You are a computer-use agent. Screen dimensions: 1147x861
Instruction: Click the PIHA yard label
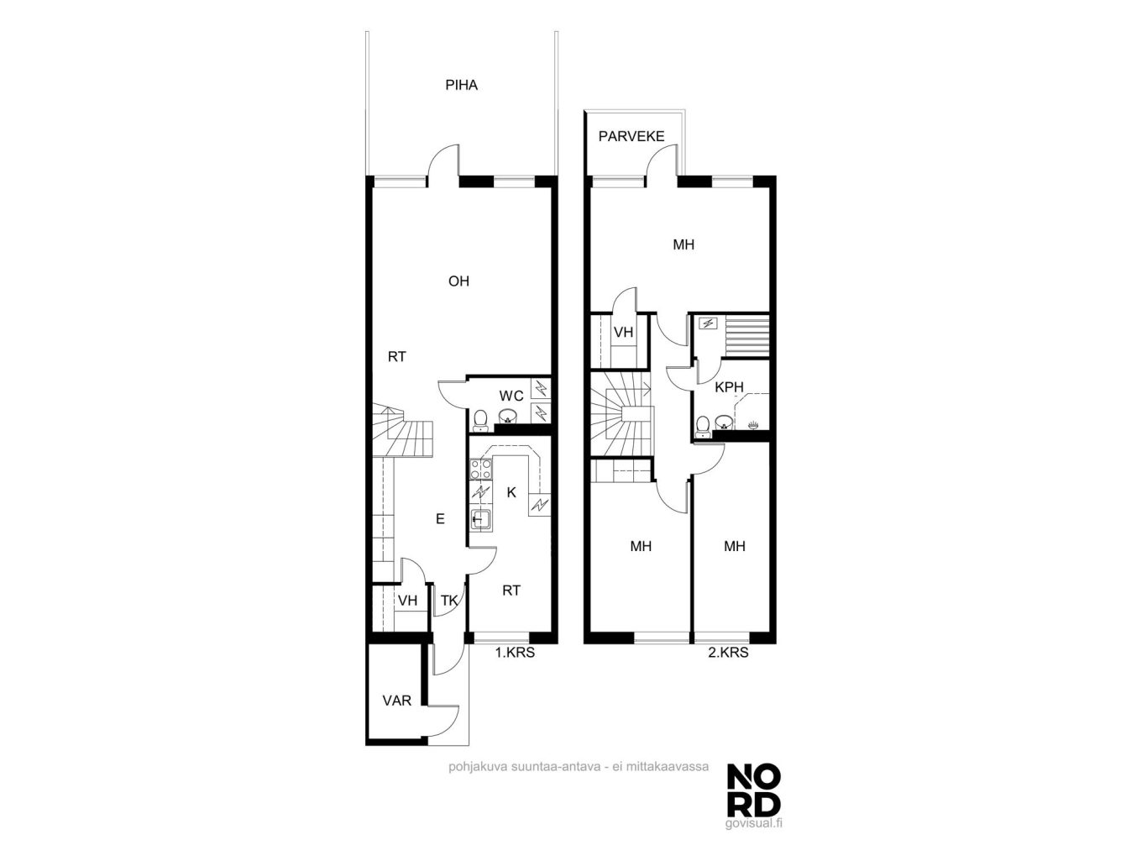coord(461,85)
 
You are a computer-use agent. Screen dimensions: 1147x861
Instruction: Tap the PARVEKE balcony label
coord(631,136)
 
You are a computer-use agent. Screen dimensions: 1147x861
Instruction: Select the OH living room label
coord(458,281)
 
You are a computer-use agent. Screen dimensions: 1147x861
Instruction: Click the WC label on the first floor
coord(511,396)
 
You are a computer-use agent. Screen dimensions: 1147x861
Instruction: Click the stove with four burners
coord(480,469)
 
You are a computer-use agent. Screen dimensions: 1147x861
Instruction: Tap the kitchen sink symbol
coord(480,520)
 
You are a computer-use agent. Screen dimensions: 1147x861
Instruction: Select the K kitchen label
coord(511,492)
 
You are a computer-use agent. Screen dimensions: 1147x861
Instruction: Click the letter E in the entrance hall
coord(440,518)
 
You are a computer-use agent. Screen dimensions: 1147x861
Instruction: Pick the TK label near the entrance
coord(449,601)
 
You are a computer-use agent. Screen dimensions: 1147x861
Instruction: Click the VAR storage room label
coord(396,701)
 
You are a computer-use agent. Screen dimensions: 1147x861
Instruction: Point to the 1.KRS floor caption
coord(515,653)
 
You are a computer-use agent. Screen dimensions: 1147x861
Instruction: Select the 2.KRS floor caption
coord(728,653)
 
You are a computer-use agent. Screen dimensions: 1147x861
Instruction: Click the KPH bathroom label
coord(729,387)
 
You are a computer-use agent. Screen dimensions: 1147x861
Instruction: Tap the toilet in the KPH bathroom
coord(704,427)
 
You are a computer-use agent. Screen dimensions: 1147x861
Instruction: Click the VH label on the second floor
coord(623,333)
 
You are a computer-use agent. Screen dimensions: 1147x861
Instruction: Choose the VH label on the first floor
coord(407,601)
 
